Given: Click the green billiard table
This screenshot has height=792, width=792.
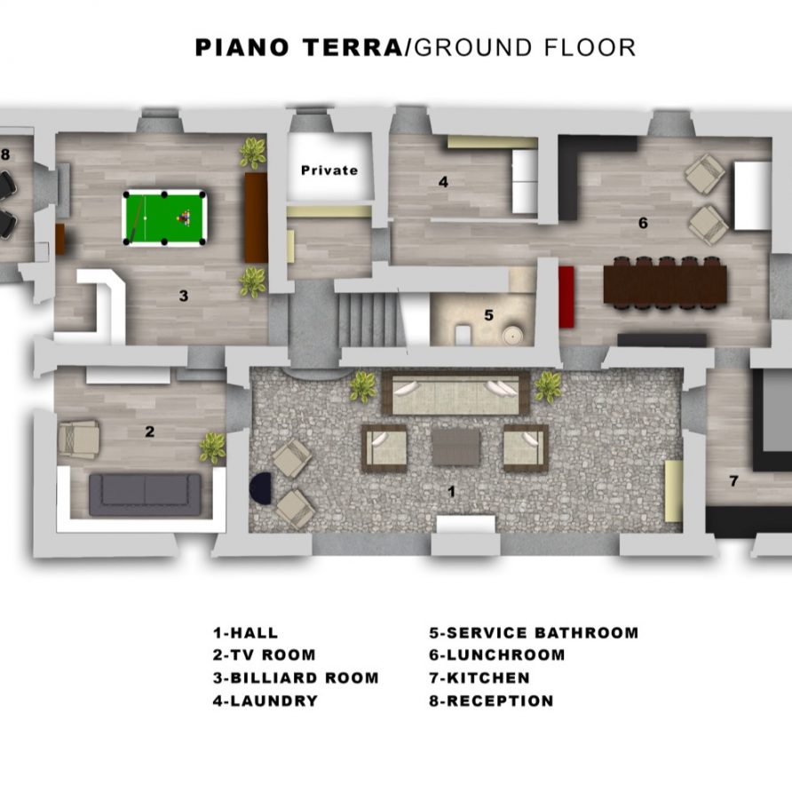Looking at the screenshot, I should (x=166, y=218).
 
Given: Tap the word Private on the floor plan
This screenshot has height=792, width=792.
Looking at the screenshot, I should (x=329, y=170).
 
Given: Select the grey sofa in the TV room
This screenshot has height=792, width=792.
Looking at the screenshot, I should (x=145, y=494).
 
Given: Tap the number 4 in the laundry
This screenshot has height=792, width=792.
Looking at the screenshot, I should (x=442, y=182).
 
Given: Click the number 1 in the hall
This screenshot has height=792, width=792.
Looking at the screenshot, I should (x=451, y=490).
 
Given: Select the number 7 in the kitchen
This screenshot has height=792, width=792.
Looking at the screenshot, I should (x=733, y=481).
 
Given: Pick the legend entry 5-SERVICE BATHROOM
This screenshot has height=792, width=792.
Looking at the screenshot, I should (x=534, y=633).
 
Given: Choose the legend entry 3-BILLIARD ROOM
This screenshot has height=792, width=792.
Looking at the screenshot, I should (x=296, y=677).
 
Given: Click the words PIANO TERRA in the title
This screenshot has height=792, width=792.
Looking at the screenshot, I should (x=298, y=48).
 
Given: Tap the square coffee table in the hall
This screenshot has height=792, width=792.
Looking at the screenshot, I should (x=455, y=447).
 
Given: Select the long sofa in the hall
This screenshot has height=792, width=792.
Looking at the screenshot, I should (x=455, y=392).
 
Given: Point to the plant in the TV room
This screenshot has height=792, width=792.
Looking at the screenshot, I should (x=212, y=447).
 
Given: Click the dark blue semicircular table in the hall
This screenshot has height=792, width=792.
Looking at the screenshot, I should (x=261, y=488).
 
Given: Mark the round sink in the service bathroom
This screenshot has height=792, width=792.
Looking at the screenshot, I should (x=512, y=336).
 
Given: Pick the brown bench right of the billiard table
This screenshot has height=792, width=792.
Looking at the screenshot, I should (x=256, y=217).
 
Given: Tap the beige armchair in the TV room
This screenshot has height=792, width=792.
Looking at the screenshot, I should (x=78, y=438).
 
